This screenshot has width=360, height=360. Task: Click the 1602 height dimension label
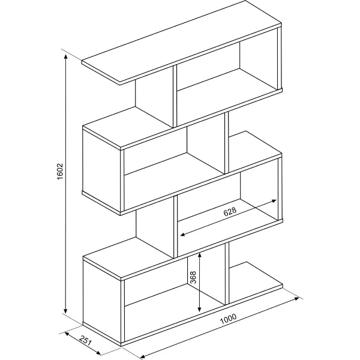coord(59,172)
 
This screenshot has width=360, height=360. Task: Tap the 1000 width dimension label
coord(228,319)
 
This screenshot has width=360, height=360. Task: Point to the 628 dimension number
coord(230,212)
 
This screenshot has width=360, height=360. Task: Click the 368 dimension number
coord(193,277)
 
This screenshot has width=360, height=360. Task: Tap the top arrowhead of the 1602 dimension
coord(65,57)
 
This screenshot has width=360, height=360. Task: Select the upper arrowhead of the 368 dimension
coord(200,255)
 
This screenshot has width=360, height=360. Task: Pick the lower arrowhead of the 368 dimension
coord(200,309)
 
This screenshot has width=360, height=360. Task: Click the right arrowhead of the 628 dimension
coord(274,201)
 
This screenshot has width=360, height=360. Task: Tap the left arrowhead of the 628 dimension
coord(183,234)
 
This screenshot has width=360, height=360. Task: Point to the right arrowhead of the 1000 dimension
coord(296,298)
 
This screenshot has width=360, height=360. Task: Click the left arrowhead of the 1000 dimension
coord(143,356)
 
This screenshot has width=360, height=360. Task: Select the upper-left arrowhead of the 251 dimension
coord(67,333)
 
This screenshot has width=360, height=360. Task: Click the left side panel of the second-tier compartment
coord(101,170)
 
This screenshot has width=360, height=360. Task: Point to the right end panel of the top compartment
coord(280,58)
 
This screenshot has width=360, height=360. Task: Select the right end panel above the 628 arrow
coord(280,189)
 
